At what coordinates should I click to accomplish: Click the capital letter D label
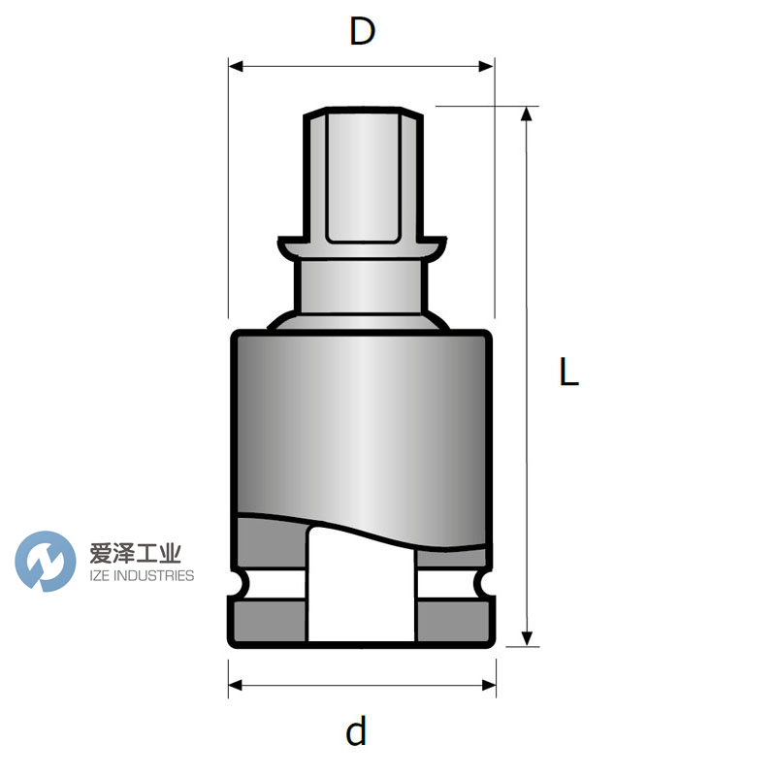click(362, 32)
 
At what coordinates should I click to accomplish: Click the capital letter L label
click(568, 372)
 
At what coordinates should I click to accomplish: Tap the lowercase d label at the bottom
click(357, 730)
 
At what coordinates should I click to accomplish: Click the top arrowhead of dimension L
click(527, 113)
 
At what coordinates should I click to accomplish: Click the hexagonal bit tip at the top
click(363, 175)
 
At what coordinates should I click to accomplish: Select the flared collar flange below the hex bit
click(363, 246)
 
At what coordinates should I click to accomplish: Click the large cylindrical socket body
click(361, 417)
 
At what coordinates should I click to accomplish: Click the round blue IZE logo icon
click(46, 561)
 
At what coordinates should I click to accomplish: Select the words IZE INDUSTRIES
click(142, 576)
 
